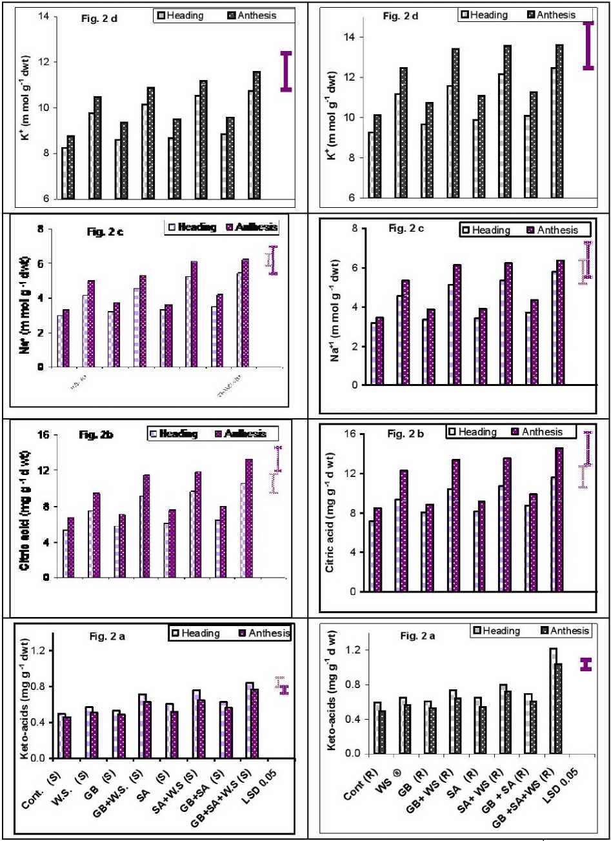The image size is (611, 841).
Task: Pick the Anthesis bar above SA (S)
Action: coord(174,734)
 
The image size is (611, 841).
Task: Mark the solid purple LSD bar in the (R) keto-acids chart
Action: coord(586,664)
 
